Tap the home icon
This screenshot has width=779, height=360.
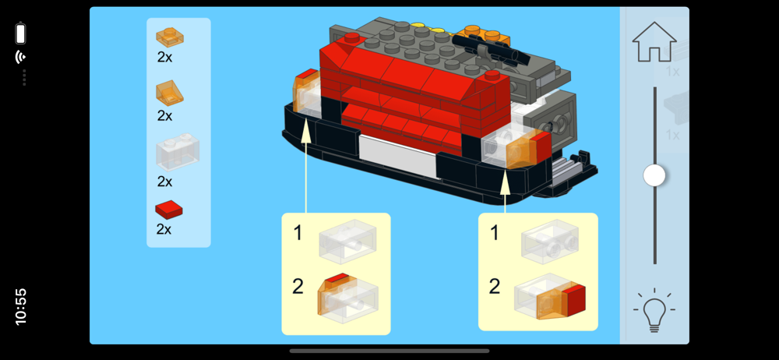coord(654,42)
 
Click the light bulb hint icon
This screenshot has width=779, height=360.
coord(654,309)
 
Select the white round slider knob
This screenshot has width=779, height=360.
coord(654,175)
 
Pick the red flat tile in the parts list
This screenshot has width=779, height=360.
coord(169,210)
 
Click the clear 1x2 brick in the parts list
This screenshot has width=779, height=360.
coord(178,152)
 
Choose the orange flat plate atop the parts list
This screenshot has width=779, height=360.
coord(169,37)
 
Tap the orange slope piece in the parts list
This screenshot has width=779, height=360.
coord(169,93)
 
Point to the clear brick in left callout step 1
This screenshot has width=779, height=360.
coord(347,242)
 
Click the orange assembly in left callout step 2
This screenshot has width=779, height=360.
coord(347,298)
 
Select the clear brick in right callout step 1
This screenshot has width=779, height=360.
coord(550,241)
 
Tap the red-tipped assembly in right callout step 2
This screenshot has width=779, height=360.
coord(549,297)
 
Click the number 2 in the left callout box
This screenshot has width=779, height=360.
coord(298,287)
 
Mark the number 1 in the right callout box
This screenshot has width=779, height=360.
coord(495,233)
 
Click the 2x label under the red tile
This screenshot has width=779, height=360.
coord(164,229)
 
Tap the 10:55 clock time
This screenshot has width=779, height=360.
coord(21,307)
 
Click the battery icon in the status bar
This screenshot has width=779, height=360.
coord(20,34)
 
